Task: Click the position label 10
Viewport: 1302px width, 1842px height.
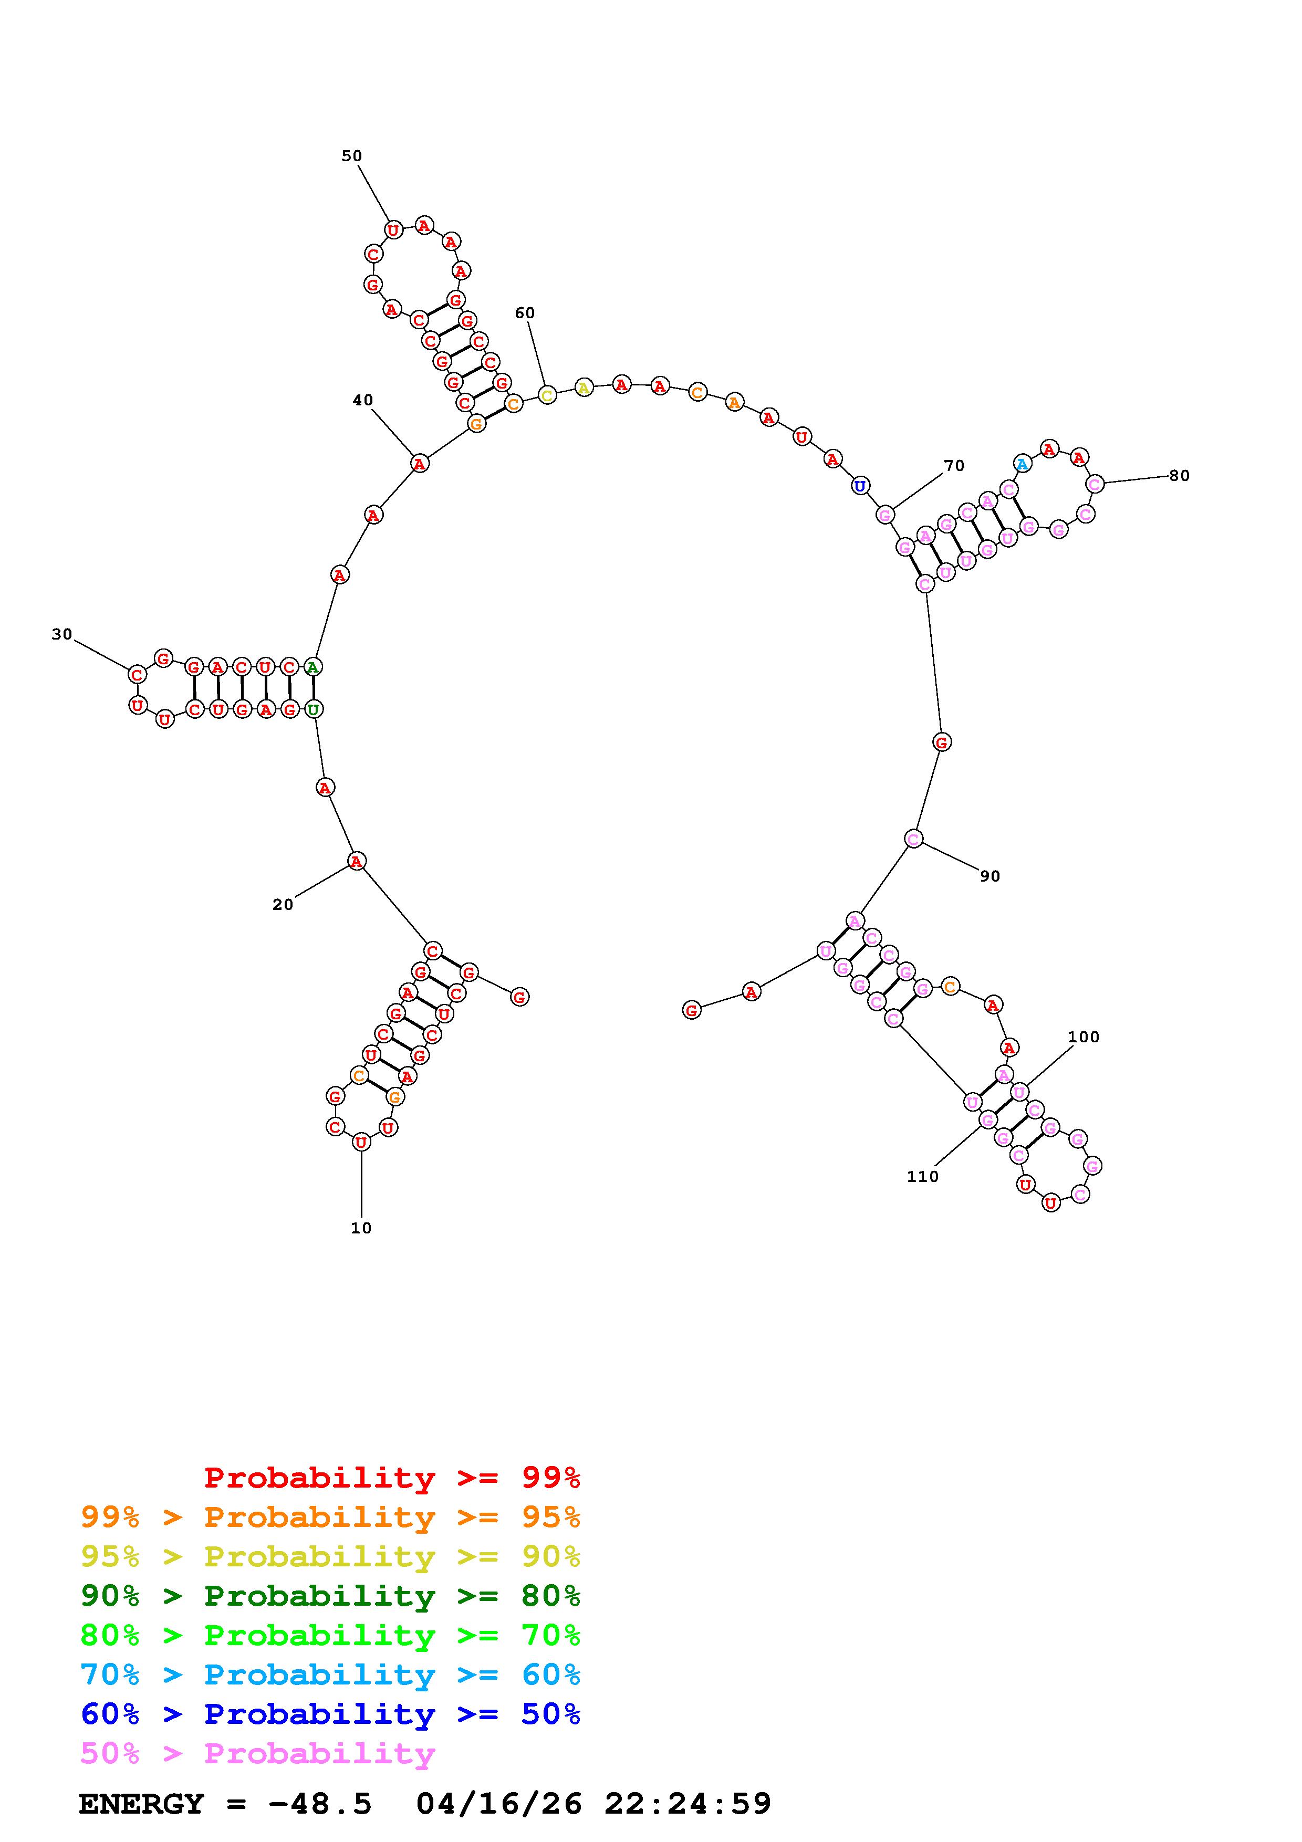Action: tap(361, 1228)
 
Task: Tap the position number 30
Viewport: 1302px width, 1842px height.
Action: tap(62, 634)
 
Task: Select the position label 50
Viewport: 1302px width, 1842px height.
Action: tap(351, 155)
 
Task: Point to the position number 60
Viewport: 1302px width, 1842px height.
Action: tap(525, 313)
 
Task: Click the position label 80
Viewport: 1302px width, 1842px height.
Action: tap(1179, 475)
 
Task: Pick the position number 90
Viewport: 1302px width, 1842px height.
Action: tap(990, 876)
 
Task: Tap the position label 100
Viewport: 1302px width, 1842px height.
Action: tap(1083, 1037)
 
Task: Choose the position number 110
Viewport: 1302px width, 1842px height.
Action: tap(923, 1176)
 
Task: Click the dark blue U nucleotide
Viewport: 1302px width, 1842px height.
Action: tap(860, 485)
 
